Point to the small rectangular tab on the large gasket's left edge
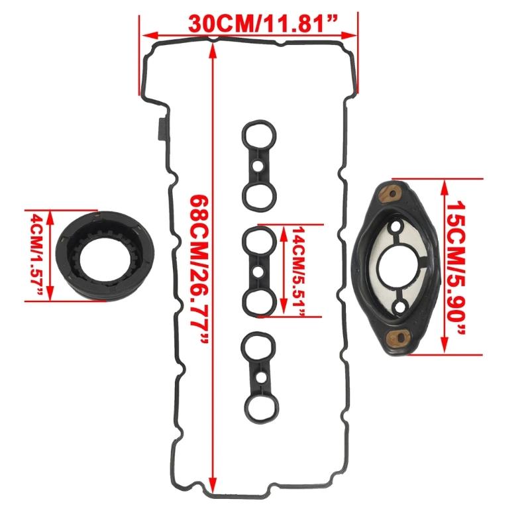click(x=160, y=129)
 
